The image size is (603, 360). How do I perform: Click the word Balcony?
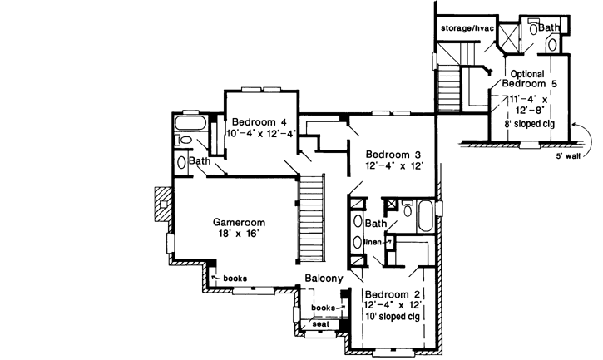pos(324,280)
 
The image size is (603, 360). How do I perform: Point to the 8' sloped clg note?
pos(531,124)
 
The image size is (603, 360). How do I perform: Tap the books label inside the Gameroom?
pos(234,278)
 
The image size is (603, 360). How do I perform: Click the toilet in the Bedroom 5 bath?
pos(551,43)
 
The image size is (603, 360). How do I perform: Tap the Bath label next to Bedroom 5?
pos(548,27)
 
